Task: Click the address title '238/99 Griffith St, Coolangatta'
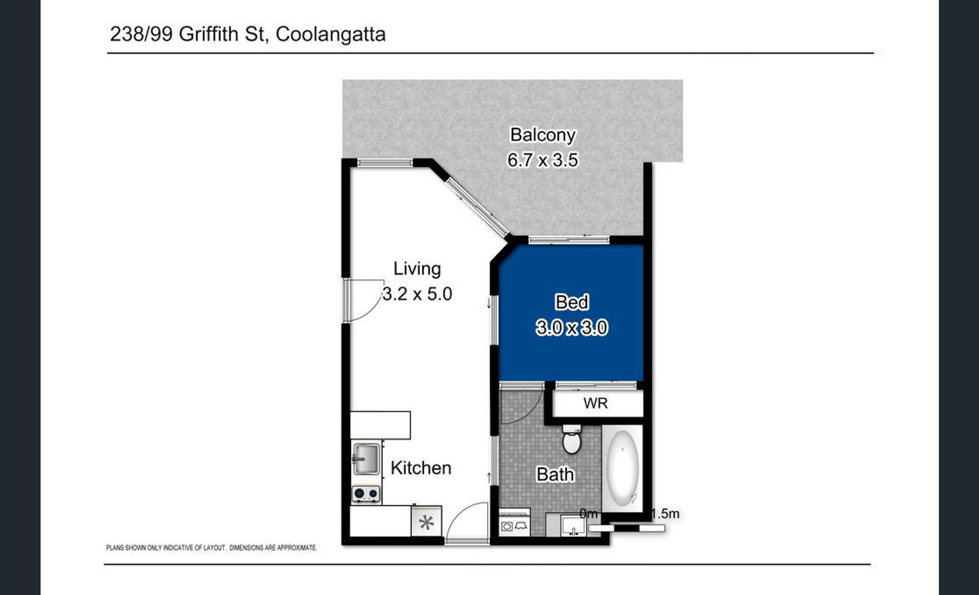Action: pos(248,34)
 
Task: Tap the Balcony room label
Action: pos(543,135)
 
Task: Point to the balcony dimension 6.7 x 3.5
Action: pos(543,160)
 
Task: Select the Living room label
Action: pos(417,269)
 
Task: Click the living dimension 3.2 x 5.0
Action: pos(417,294)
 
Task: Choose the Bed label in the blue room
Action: pos(572,302)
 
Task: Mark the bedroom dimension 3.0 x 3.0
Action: pos(572,327)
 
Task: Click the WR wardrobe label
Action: pos(596,403)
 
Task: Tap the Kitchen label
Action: pos(421,468)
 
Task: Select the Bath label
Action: pos(555,475)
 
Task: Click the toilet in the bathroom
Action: pos(572,439)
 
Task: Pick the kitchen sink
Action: pos(366,459)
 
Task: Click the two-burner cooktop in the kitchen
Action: pos(366,494)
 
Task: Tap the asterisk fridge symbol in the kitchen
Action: pos(426,522)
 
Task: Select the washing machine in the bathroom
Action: pos(514,524)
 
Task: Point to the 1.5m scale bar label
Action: pos(665,514)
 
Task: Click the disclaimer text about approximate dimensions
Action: pos(212,548)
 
